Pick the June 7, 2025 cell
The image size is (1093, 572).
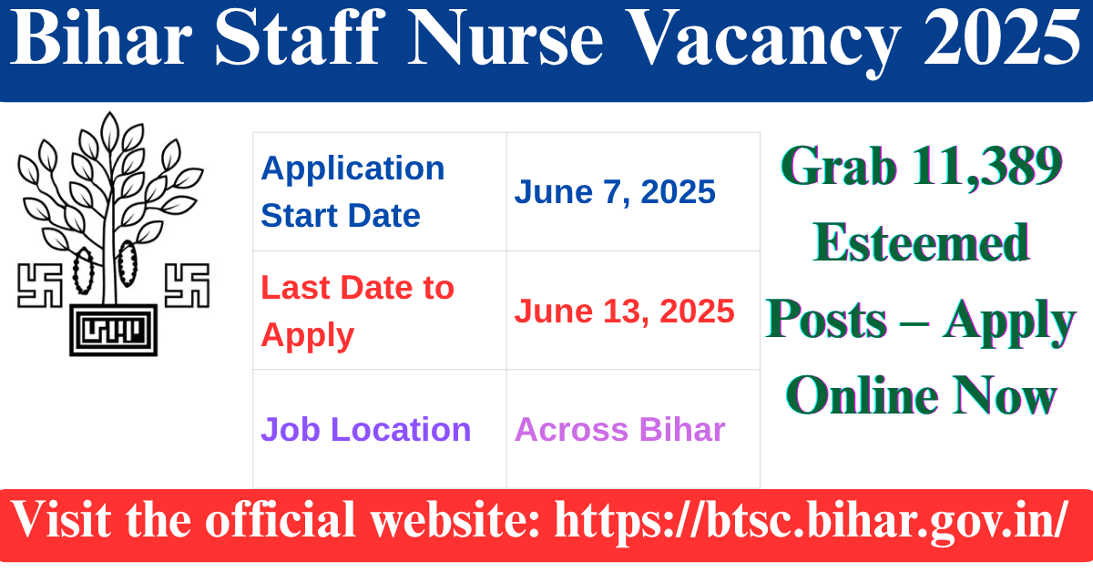click(x=615, y=192)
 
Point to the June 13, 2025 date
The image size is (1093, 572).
click(x=624, y=312)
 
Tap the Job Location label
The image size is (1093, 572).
click(x=366, y=430)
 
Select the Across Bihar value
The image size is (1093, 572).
click(x=619, y=430)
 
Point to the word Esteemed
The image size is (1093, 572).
click(x=921, y=244)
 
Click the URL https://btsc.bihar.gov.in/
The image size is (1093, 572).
click(x=812, y=522)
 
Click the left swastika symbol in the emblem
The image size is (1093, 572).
click(x=39, y=284)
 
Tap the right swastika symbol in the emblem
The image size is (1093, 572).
click(x=187, y=284)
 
